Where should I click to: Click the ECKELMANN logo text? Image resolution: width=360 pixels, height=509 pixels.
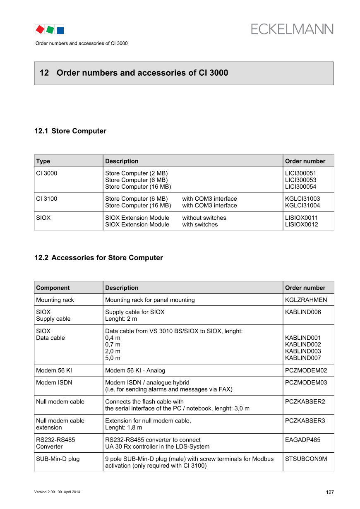(292, 29)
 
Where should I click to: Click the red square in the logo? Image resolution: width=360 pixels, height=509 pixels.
(40, 29)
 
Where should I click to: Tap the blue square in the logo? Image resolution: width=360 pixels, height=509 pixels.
(60, 30)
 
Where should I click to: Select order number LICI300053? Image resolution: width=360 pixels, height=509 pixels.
(301, 180)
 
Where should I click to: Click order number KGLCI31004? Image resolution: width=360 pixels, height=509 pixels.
(302, 206)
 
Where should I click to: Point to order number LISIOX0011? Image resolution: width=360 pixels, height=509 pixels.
(302, 218)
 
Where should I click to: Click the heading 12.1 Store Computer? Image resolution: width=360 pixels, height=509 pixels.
(70, 131)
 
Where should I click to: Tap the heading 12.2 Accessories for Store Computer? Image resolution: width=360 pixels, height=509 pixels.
(98, 258)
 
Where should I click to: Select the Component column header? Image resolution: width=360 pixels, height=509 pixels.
(53, 288)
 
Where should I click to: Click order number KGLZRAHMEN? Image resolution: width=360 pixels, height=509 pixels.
(306, 300)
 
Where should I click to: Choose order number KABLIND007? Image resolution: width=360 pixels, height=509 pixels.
(303, 358)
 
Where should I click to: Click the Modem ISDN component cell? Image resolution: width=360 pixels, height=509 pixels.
(54, 383)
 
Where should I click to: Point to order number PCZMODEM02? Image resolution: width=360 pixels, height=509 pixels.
(306, 371)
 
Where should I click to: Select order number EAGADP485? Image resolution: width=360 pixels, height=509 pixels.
(302, 440)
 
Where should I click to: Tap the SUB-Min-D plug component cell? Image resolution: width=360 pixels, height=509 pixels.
(58, 459)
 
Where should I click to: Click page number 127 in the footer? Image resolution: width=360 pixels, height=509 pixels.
(330, 492)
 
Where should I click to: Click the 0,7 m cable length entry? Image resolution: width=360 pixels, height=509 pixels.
(113, 345)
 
